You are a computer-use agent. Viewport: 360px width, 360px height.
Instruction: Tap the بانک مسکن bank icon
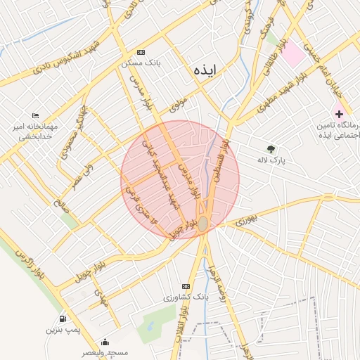(x=141, y=53)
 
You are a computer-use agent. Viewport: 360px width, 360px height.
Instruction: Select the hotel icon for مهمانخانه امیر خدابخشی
(x=36, y=116)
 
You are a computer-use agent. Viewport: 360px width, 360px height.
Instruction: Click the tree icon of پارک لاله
(x=271, y=148)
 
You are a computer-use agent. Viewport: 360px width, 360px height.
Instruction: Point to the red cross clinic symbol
(x=340, y=113)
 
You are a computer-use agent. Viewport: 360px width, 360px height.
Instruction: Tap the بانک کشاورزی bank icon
(x=186, y=287)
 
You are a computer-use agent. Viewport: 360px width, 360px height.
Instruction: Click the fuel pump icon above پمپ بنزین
(x=64, y=319)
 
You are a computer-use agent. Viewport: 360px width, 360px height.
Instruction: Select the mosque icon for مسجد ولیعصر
(x=105, y=342)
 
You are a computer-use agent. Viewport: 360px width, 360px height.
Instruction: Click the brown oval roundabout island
(x=202, y=224)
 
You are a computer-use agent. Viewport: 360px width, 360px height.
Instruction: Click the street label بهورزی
(x=246, y=221)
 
